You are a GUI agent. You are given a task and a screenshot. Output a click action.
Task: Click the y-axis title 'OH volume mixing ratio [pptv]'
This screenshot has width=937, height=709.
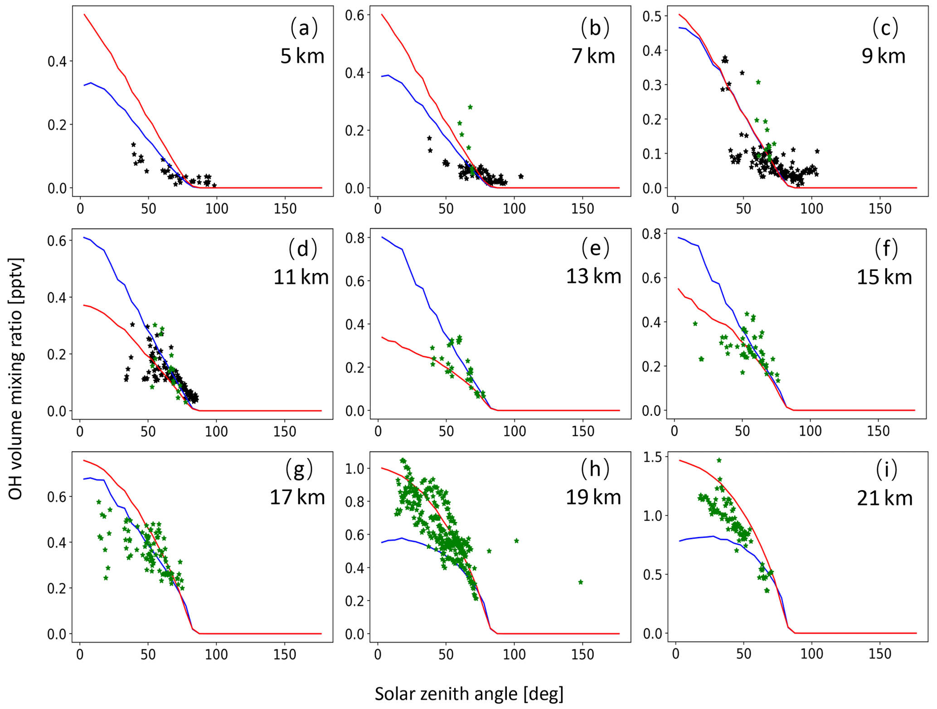pos(15,379)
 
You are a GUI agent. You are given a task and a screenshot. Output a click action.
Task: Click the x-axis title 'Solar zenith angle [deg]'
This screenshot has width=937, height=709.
pos(469,694)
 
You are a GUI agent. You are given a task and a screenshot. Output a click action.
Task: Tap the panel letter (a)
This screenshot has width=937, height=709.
pos(304,28)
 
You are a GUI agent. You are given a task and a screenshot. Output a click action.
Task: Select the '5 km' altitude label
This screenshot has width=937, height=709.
pos(302,56)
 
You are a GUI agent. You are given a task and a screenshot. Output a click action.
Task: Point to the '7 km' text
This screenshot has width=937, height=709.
pos(593,56)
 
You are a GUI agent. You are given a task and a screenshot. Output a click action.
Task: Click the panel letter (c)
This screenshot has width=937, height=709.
pos(885,28)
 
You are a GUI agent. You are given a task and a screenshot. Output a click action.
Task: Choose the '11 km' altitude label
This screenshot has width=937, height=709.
pos(301,277)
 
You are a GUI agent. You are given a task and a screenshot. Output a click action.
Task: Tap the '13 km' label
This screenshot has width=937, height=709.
pos(593,276)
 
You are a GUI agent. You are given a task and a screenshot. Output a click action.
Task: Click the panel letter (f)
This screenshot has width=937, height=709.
pos(885,249)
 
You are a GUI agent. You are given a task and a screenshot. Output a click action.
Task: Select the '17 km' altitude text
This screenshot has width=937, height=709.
pos(297,497)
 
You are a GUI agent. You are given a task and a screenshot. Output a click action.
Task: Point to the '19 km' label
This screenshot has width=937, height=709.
pos(593,497)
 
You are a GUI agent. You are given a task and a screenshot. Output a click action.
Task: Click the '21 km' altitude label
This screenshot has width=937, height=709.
pos(884,498)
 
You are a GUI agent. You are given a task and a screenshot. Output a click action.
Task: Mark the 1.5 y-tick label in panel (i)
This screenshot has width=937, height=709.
pos(652,457)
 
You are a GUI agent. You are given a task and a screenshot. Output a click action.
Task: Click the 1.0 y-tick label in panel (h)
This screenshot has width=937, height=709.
pos(355,468)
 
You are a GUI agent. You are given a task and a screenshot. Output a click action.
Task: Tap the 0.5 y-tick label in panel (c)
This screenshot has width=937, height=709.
pos(652,16)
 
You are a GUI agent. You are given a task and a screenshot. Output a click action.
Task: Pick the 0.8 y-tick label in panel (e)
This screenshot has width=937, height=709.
pos(355,238)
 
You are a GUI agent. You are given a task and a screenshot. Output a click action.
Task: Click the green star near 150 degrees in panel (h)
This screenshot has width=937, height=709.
pos(581,582)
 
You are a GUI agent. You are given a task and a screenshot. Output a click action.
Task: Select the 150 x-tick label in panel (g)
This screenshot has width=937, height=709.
pos(284,654)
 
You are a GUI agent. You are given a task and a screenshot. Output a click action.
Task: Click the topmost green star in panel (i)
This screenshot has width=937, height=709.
pos(719,460)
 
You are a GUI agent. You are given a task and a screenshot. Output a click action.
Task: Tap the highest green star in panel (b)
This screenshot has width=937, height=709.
pos(470,107)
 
